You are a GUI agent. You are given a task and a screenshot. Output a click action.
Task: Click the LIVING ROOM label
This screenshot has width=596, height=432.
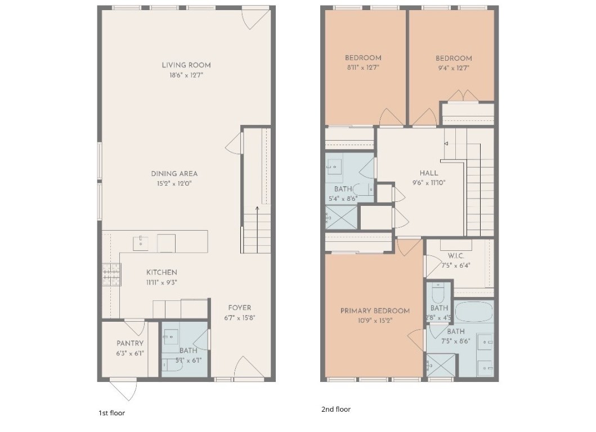186,65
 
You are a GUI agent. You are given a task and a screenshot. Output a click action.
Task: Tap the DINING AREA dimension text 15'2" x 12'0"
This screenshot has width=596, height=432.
174,183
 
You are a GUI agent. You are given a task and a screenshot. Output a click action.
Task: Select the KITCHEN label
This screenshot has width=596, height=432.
162,273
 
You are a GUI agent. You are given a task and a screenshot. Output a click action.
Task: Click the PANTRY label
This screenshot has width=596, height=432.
130,343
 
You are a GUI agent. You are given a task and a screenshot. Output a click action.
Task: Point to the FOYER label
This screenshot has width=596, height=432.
239,308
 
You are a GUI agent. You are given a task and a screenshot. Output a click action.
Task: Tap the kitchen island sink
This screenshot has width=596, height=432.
140,243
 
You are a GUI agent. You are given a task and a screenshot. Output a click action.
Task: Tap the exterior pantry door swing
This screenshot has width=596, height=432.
124,389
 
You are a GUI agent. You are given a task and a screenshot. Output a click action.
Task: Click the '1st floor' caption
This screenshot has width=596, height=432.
111,413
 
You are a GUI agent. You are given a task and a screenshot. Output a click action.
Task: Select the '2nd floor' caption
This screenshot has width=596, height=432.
335,409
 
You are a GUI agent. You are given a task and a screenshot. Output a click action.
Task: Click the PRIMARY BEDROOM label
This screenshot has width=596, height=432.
375,311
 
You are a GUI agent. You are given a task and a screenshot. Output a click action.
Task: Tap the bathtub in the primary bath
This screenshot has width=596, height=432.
473,312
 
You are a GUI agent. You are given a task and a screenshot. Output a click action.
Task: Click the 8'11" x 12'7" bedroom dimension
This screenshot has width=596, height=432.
362,68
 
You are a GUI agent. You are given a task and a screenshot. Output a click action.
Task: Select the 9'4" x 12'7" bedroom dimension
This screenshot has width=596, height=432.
453,68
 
